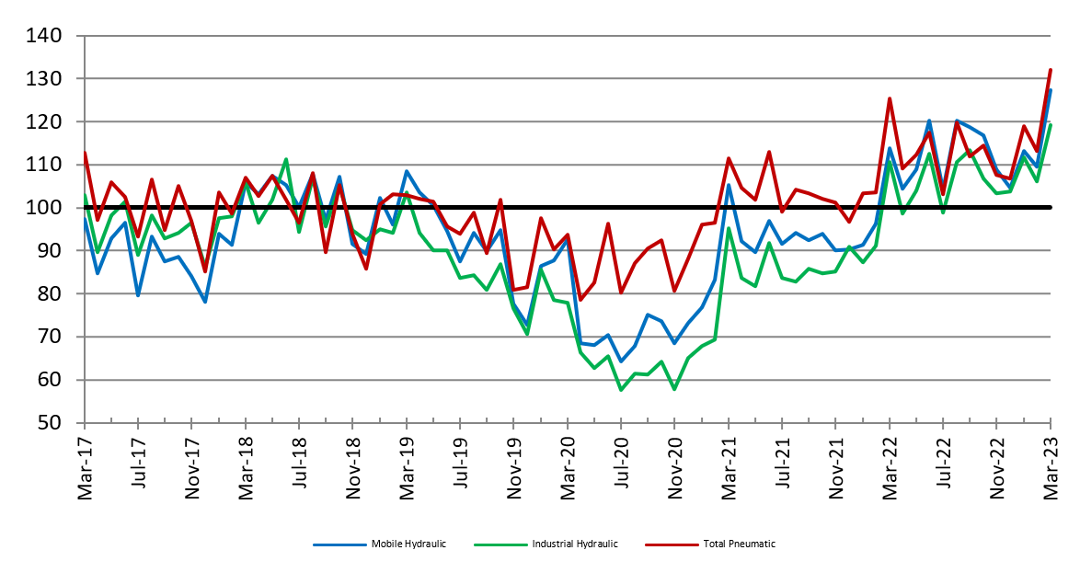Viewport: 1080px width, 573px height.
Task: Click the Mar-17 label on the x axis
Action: pos(85,464)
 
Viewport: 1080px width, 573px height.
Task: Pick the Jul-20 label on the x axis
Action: pos(622,464)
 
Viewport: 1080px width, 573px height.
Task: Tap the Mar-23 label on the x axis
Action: pos(1051,464)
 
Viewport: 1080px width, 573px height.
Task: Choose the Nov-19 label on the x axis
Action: pos(514,464)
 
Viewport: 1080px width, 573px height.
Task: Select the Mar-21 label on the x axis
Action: pos(730,464)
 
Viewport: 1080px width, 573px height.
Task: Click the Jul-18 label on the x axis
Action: pos(300,464)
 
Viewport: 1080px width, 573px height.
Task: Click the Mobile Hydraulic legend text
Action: pos(408,544)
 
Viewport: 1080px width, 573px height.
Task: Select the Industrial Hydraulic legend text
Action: pos(574,544)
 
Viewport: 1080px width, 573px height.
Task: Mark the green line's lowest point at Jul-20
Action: pos(621,390)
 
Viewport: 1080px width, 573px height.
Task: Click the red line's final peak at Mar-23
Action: pos(1051,70)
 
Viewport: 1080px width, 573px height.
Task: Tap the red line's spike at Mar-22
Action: pos(890,98)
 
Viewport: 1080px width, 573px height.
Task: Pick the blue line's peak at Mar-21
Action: pos(729,185)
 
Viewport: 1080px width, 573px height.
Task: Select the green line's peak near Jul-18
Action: pos(286,159)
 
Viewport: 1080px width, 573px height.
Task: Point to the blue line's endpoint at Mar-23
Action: pos(1051,90)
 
